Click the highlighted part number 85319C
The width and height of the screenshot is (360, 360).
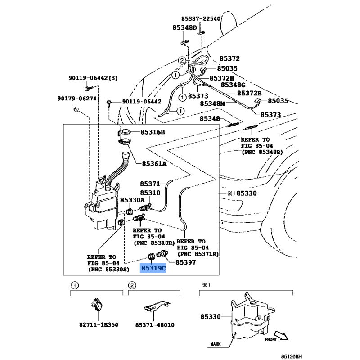coord(153,268)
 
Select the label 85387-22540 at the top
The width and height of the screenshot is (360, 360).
coord(201,18)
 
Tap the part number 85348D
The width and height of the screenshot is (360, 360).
coord(184,28)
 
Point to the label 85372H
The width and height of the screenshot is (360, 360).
coord(221,78)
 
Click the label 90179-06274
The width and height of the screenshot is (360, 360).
coord(77,99)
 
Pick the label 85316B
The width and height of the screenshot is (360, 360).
coord(153,132)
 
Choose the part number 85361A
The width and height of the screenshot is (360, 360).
coord(154,164)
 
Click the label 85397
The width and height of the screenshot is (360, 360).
coord(185,262)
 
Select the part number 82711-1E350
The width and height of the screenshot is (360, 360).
coord(99,324)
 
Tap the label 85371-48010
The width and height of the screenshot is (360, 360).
coord(155,325)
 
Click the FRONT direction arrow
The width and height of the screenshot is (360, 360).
coord(281,335)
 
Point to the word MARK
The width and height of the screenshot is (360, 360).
coord(216,344)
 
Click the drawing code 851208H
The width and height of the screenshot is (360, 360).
coord(292,356)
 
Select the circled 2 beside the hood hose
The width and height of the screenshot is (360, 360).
coord(182,61)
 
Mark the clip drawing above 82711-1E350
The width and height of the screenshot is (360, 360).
coord(97,305)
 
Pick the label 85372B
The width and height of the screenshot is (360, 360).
coord(249,93)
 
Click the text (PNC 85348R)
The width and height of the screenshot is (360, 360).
coord(262,152)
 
